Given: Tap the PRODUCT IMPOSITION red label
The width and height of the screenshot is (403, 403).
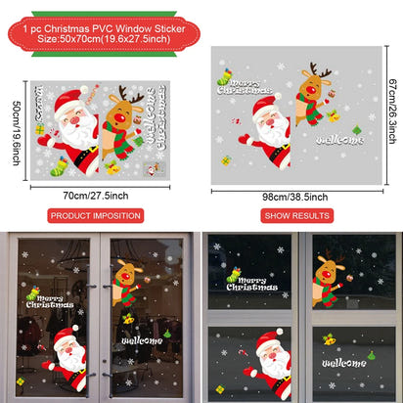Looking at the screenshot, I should [x=96, y=215].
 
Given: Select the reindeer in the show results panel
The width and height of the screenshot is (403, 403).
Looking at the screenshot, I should [x=312, y=98].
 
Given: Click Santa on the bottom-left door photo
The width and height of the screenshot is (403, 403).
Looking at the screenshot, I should [x=67, y=357].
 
